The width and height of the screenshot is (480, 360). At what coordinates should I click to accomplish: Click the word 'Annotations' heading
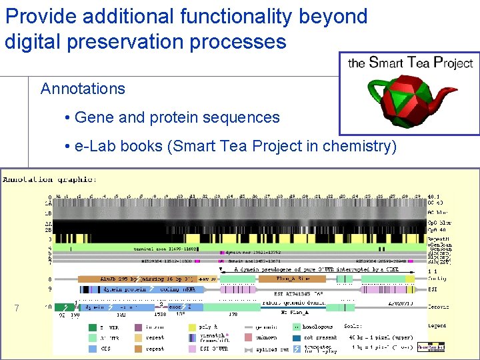[83, 89]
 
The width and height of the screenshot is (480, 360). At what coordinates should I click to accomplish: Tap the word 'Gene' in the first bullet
[94, 118]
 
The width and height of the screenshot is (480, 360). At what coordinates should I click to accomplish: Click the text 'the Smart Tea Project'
[410, 63]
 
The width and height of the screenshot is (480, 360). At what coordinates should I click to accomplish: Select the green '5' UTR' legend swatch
[93, 327]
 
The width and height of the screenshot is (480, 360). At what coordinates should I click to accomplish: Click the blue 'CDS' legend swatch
[93, 348]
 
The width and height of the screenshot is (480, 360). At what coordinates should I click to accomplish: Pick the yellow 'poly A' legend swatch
[193, 327]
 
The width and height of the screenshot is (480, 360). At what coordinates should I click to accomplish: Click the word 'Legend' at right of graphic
[437, 326]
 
